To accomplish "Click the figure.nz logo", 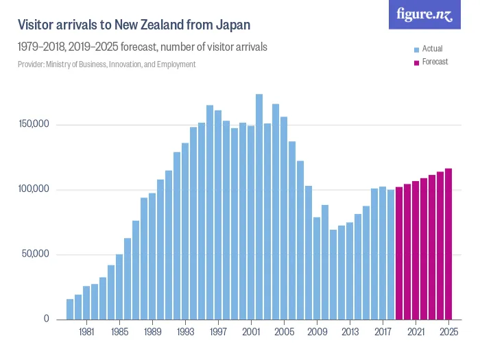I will (424, 14).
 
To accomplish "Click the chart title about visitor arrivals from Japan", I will (133, 25).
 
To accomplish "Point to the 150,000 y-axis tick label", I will (34, 124).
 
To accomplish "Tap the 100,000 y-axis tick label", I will (34, 189).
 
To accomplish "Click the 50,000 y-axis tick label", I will (36, 254).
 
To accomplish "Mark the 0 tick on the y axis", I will (46, 319).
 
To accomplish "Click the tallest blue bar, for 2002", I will (259, 206).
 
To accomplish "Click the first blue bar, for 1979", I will (70, 309).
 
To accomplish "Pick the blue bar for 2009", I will (317, 268).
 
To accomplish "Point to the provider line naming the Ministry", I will (106, 64).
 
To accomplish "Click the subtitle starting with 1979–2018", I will (142, 47).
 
